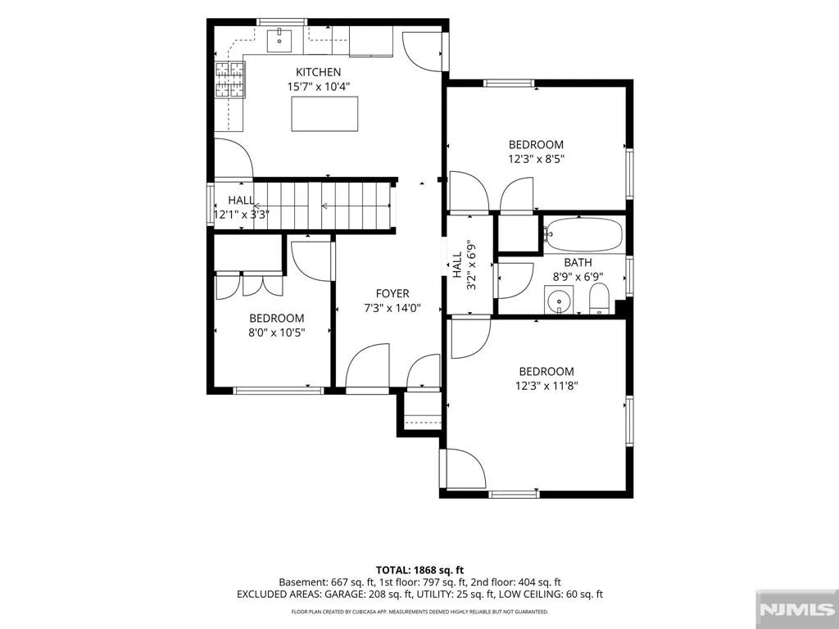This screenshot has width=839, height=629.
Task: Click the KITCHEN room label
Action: [x=319, y=72]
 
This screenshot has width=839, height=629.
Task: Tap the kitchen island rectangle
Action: [x=324, y=114]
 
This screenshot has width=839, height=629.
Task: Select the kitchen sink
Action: [x=279, y=40]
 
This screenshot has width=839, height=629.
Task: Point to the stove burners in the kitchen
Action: [x=230, y=79]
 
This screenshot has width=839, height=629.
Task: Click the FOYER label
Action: [x=392, y=293]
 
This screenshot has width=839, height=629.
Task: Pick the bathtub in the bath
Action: [x=583, y=234]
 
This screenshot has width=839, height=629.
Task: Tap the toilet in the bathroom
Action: [x=599, y=300]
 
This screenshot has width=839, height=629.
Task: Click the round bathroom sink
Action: [x=559, y=300]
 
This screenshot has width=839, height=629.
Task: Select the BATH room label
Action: [x=578, y=263]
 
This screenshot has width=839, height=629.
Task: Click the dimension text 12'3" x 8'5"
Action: [x=536, y=159]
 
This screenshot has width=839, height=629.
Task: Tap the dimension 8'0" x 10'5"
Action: [x=277, y=333]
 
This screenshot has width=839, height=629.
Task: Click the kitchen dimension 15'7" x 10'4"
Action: [x=319, y=86]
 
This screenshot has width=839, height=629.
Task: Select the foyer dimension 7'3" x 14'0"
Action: [x=392, y=308]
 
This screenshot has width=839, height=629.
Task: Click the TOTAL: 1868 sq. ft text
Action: [x=415, y=570]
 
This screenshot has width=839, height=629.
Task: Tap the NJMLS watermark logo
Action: [x=796, y=609]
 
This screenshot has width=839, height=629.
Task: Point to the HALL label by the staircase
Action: [x=242, y=200]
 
